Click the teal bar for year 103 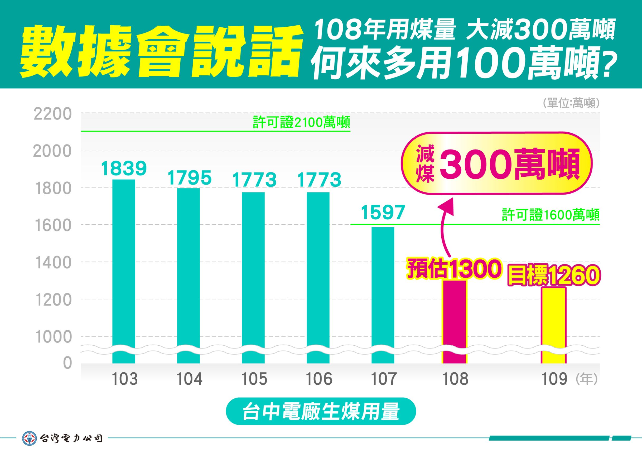click(x=124, y=271)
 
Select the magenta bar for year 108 click(x=454, y=321)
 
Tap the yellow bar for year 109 click(x=554, y=324)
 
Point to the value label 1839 click(x=124, y=168)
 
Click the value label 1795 click(x=189, y=178)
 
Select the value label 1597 click(x=383, y=212)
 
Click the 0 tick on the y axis click(x=67, y=363)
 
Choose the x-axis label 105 click(x=254, y=379)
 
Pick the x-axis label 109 click(x=554, y=379)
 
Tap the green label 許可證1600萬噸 click(x=551, y=215)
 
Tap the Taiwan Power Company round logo click(x=30, y=438)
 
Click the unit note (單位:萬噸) click(x=571, y=104)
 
